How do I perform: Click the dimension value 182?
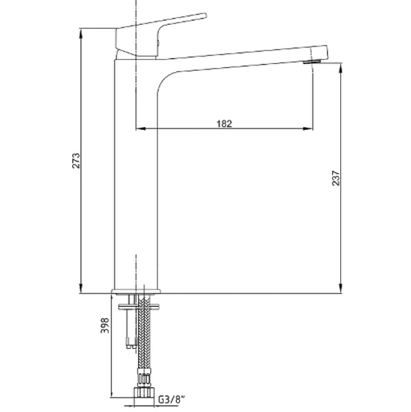click(224, 124)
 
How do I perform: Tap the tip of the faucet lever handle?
click(204, 15)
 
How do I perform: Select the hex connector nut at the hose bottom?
click(144, 393)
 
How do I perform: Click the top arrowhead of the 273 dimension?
click(82, 32)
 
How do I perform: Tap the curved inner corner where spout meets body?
click(165, 77)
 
